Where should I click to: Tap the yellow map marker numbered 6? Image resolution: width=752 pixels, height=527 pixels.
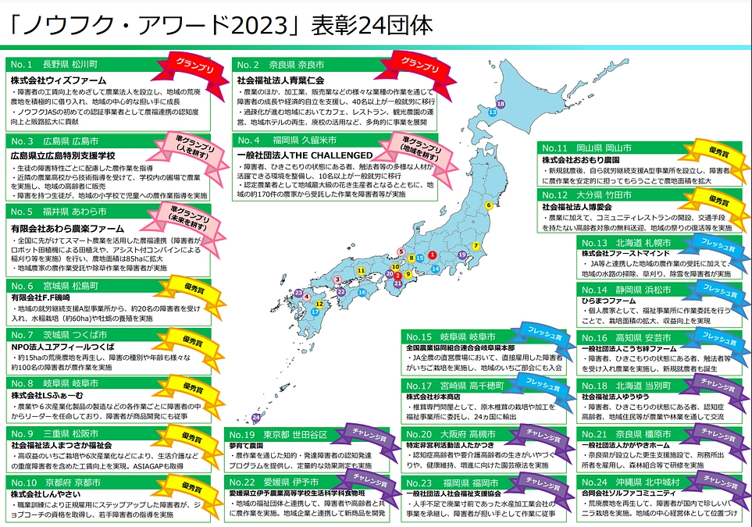click(489, 205)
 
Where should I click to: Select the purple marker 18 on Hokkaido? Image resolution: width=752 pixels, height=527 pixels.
click(501, 103)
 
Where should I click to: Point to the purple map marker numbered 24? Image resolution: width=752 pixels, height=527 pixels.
click(255, 418)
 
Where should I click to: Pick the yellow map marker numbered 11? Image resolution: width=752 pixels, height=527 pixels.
click(360, 270)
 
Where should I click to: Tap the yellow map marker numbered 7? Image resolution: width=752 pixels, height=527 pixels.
click(476, 246)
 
